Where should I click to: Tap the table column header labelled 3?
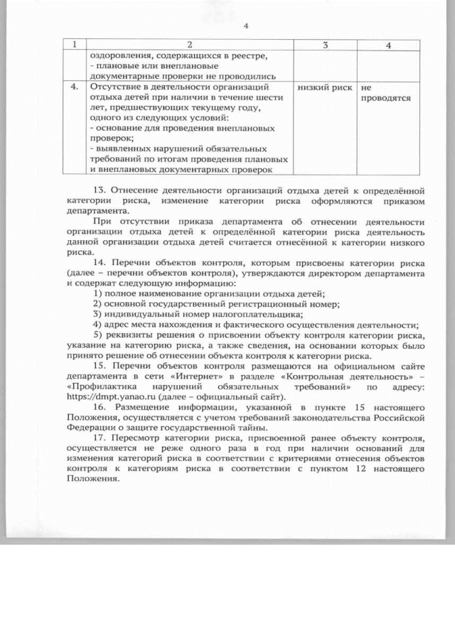(324, 45)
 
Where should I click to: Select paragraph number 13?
(102, 190)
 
